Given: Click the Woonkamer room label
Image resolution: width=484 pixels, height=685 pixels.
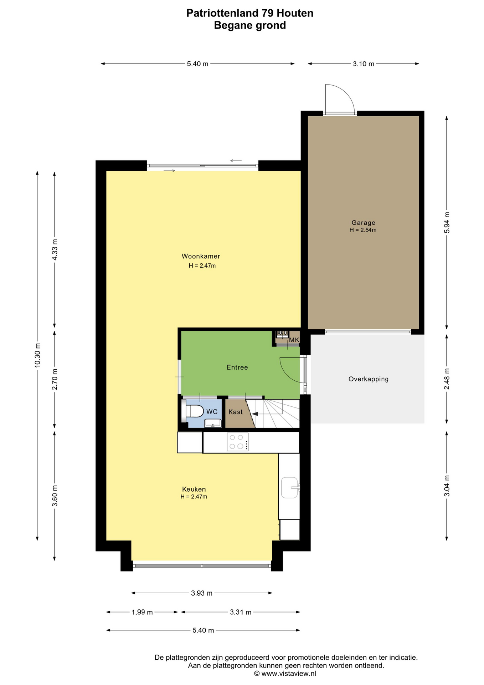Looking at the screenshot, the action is pos(201,256).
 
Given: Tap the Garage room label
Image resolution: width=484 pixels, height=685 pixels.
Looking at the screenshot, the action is pos(363,223).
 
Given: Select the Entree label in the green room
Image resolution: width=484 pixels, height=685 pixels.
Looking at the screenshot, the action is pos(237,367).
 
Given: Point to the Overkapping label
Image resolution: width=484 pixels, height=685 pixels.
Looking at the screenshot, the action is pos(369,379).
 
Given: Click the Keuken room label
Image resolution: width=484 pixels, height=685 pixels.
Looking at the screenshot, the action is pos(194,489).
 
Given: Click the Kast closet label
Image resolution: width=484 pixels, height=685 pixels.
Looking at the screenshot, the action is pos(236,412).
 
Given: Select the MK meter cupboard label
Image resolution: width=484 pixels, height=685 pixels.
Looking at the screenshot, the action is pos(294,340).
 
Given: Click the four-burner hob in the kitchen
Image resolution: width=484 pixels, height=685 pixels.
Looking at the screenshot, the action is pos(238,442).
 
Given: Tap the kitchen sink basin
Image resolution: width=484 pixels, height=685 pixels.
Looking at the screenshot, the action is pos(289,487).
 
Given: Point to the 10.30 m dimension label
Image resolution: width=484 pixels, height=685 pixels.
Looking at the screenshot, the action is pos(37,355).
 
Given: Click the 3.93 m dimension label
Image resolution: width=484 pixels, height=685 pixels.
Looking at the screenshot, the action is pos(202,593).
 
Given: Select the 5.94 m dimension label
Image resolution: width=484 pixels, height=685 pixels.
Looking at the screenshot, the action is pos(447,223).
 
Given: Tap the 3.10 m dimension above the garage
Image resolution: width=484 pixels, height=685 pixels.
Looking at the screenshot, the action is pos(364,64).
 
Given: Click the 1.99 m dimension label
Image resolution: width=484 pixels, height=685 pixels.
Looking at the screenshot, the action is pos(142,612).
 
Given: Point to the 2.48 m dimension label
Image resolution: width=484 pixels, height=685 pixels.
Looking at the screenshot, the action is pos(447,379).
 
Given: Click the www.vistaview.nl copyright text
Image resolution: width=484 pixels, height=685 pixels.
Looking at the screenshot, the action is pos(285,674).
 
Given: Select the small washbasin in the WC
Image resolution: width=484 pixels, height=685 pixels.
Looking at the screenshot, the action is pos(213,423).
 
